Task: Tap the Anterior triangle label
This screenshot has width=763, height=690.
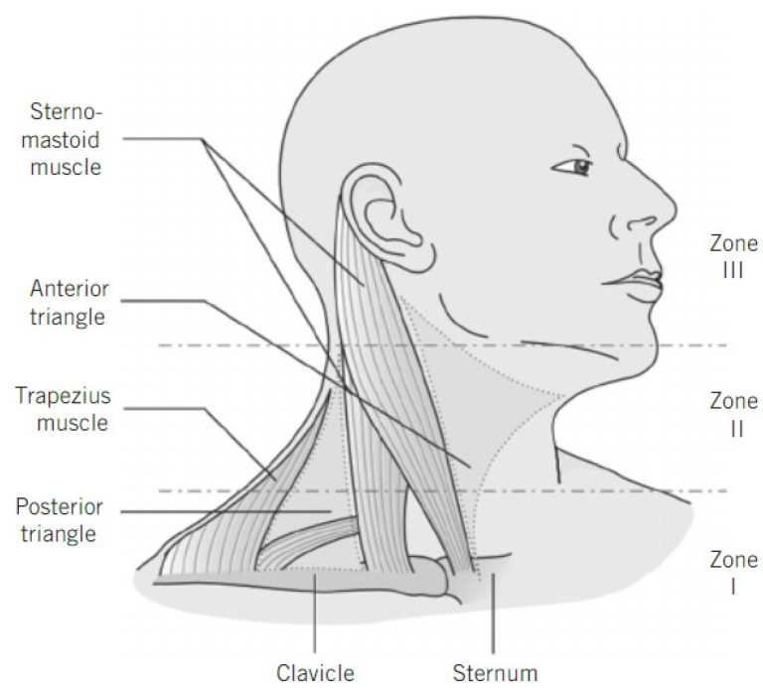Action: (70, 303)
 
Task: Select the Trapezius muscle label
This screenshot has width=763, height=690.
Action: (63, 410)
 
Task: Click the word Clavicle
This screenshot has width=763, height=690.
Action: (313, 672)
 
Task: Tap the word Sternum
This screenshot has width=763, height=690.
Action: (495, 672)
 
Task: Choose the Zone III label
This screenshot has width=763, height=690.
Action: (733, 256)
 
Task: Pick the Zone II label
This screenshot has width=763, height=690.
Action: (733, 415)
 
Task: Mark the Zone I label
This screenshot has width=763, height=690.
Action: (733, 572)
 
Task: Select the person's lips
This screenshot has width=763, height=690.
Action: (636, 282)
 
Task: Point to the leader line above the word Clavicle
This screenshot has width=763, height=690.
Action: (314, 616)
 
